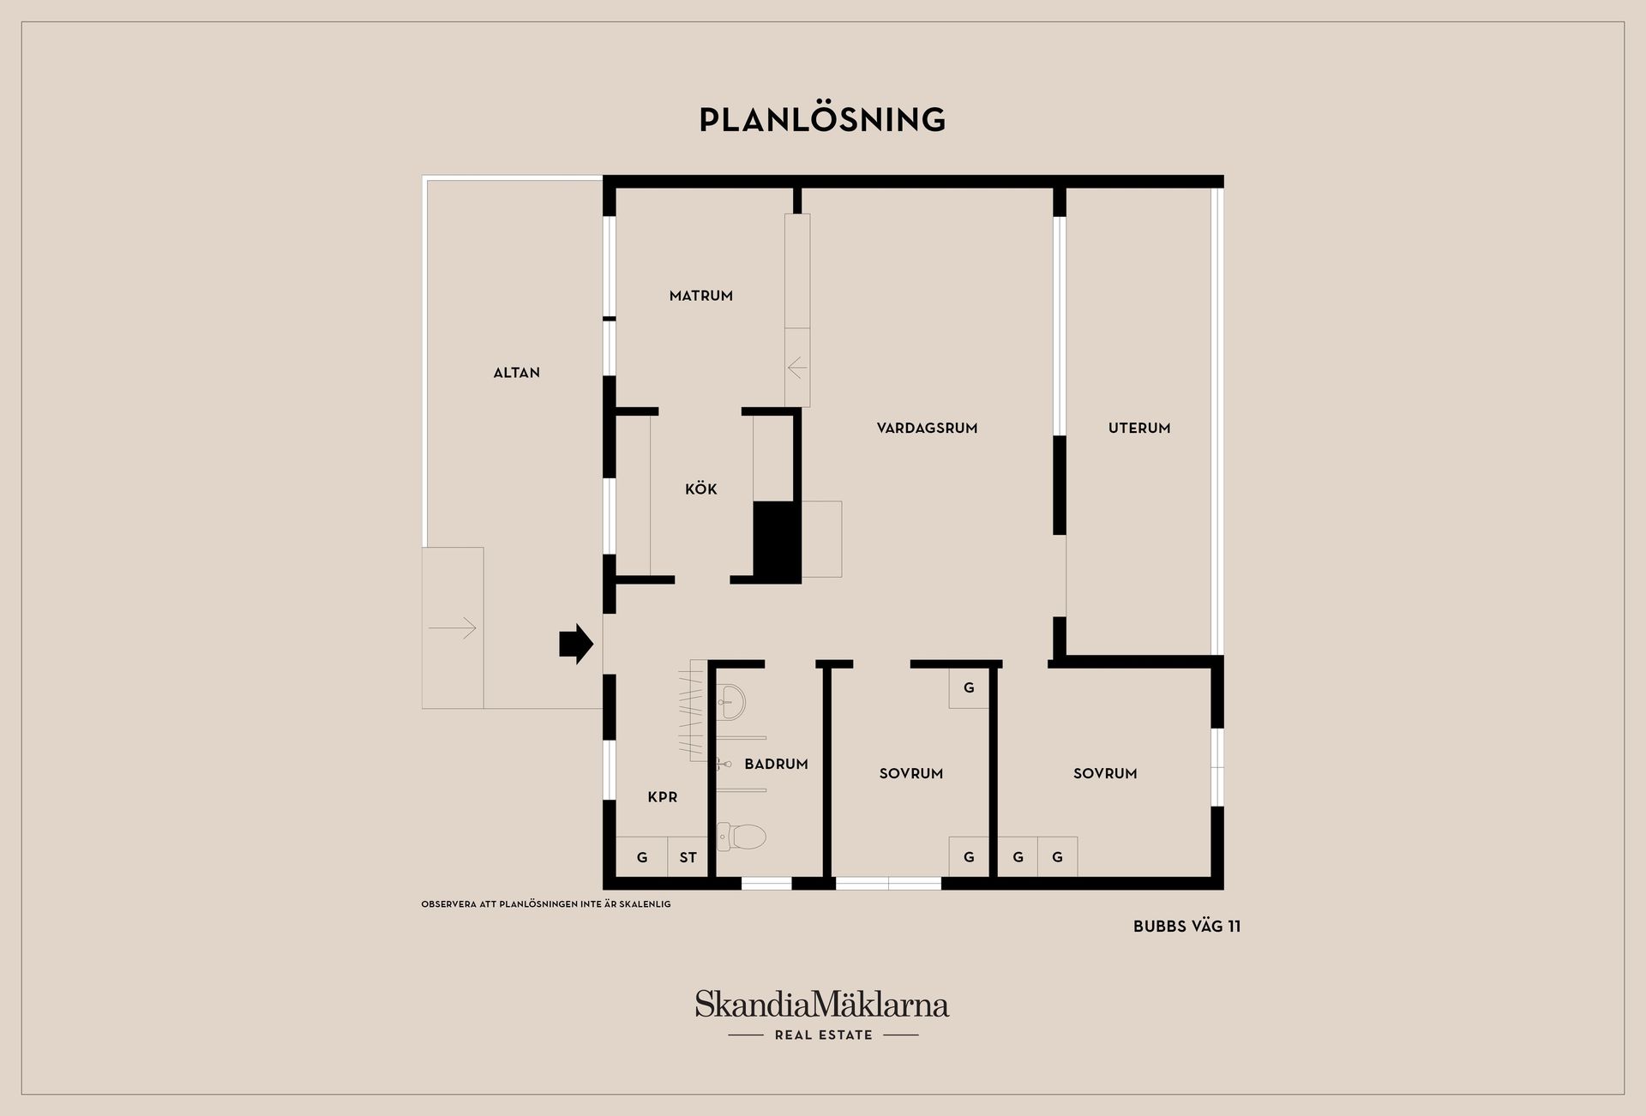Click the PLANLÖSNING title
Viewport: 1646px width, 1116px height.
pos(822,119)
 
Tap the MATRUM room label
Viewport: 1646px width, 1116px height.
pos(701,296)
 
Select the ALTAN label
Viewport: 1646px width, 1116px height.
pos(517,373)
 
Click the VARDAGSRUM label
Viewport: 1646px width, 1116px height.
pos(927,428)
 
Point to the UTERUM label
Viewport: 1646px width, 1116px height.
pos(1139,428)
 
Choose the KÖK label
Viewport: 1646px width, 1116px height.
pos(701,489)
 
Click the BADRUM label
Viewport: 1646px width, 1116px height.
pos(776,764)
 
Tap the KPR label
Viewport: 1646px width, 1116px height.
pos(663,797)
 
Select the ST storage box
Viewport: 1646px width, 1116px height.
pos(688,856)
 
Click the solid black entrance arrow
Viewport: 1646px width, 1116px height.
pos(576,643)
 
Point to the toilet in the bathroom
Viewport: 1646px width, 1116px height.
pos(741,836)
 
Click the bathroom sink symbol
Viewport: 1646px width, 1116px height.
pos(730,702)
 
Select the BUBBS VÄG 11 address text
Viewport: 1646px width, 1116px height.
pos(1186,927)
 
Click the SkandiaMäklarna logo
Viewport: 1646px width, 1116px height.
pos(822,1004)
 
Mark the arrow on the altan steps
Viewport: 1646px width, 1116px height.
pos(453,628)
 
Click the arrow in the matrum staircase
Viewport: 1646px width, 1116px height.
pos(797,369)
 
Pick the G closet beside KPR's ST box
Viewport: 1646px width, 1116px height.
pos(642,856)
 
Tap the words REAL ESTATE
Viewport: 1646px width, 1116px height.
pos(823,1035)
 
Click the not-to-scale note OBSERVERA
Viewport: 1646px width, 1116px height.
pos(546,904)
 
